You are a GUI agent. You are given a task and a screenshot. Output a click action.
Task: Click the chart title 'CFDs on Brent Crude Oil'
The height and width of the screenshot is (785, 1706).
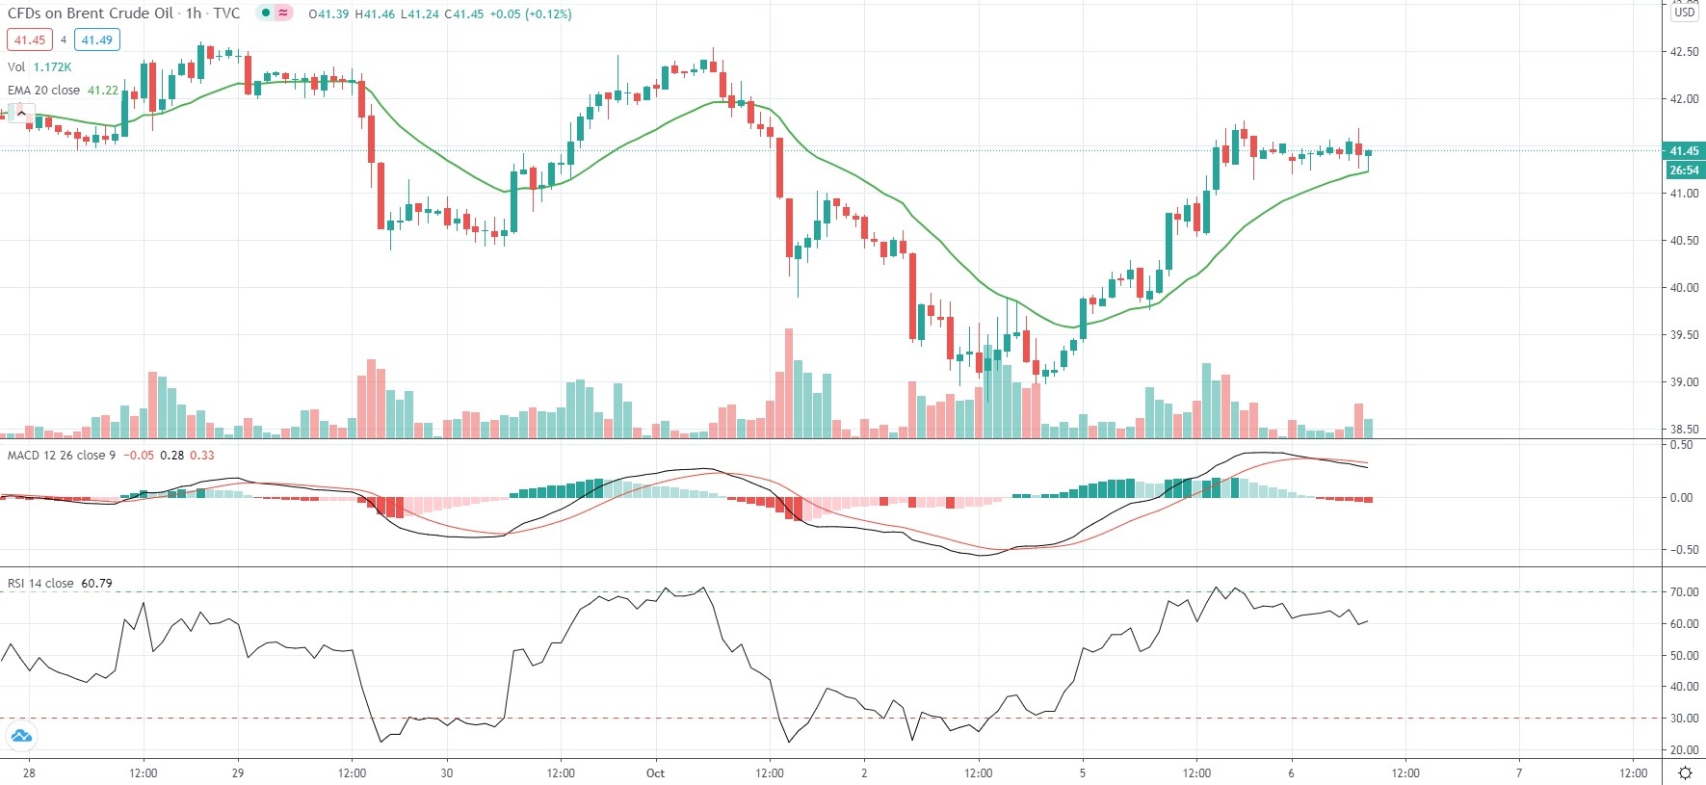coord(91,13)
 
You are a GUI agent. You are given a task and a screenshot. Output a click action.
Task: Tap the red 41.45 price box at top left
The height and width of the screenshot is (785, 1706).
coord(29,40)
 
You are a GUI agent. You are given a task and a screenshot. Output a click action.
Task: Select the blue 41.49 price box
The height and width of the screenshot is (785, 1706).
coord(96,40)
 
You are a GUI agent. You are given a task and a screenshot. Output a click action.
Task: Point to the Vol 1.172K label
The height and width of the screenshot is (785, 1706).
coord(39,67)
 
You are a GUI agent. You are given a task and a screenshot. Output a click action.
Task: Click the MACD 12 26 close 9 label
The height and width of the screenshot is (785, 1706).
coord(61,456)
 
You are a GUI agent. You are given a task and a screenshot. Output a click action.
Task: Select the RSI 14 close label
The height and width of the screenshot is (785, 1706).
coord(40,584)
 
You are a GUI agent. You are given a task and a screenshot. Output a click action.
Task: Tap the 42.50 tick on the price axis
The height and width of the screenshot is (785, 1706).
coord(1684,52)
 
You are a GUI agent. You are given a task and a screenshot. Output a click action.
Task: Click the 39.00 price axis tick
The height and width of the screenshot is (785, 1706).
coord(1684,382)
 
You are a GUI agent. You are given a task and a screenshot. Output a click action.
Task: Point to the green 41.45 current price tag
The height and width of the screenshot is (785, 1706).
coord(1684,151)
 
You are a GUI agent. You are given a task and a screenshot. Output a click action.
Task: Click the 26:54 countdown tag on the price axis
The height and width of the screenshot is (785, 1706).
coord(1684,170)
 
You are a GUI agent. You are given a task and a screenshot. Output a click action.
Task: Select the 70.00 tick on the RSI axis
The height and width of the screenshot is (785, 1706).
coord(1684,592)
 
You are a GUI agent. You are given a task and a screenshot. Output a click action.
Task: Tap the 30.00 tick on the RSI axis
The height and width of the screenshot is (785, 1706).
coord(1684,719)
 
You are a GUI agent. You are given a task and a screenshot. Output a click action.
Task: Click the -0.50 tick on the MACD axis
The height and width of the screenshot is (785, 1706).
coord(1682,550)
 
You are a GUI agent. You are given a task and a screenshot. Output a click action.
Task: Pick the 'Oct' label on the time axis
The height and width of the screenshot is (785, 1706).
coord(655,772)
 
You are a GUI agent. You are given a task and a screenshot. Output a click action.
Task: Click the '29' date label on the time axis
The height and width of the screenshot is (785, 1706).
coord(238,772)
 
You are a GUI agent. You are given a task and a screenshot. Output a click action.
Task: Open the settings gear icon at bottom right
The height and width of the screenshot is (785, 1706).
coord(1685,772)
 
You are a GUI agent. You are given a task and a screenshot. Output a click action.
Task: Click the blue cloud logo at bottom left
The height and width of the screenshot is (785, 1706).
coord(21,737)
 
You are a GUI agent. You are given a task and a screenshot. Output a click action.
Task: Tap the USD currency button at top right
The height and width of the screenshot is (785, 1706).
coord(1684,13)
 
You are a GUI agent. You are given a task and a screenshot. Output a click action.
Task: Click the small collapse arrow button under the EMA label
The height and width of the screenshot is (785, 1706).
coord(21,113)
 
